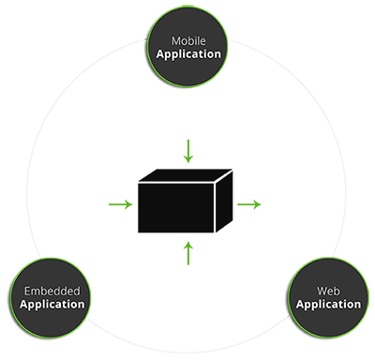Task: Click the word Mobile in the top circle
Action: (x=188, y=41)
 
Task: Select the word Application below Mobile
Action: (x=188, y=54)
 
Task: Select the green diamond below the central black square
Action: (x=187, y=250)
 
